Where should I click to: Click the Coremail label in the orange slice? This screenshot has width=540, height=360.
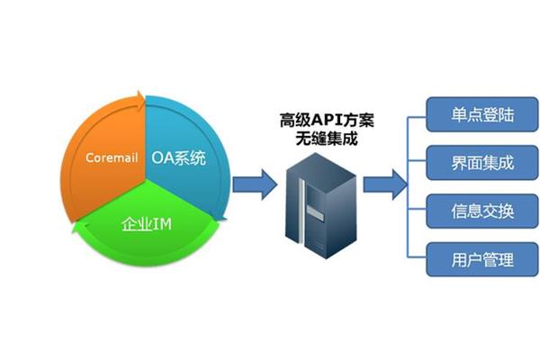(x=112, y=157)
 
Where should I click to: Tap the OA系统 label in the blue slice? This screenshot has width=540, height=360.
(x=179, y=158)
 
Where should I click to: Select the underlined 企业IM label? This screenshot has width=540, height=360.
(x=147, y=224)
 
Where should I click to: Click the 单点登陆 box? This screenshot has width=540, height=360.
(x=482, y=114)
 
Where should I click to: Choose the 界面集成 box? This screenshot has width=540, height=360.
(x=482, y=163)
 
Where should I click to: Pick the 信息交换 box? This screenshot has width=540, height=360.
(x=482, y=211)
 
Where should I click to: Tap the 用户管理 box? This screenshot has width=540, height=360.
(x=482, y=259)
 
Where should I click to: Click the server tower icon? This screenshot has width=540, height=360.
(x=321, y=206)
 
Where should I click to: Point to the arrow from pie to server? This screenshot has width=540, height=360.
(x=255, y=184)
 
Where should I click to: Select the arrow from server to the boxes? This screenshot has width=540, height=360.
(x=385, y=184)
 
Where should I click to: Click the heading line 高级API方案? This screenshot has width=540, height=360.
(x=327, y=121)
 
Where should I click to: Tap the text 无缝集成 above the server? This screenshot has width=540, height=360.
(x=327, y=139)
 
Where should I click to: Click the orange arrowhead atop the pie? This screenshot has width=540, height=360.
(x=140, y=98)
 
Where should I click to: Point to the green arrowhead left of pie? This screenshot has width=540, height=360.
(x=80, y=227)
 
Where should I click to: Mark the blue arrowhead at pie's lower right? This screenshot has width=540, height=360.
(x=219, y=217)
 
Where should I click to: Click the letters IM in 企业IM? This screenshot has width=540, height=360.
(x=162, y=224)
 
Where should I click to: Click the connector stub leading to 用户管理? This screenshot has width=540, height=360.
(x=417, y=257)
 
